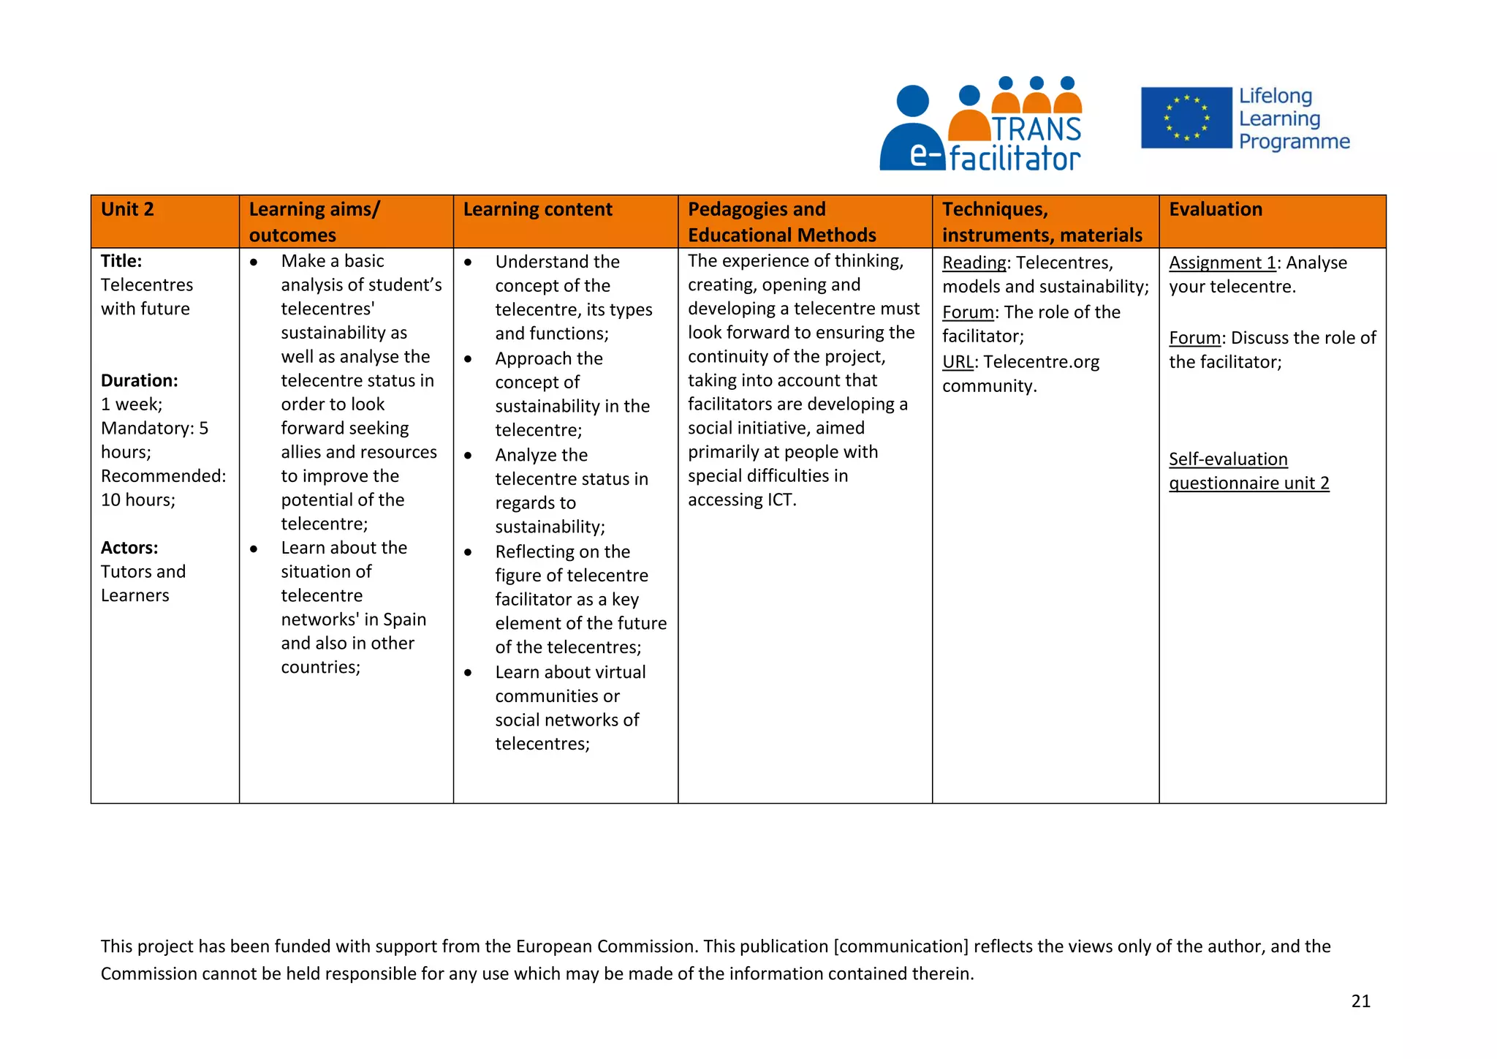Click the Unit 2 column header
coord(127,210)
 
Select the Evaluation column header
coord(1215,210)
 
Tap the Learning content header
coord(537,210)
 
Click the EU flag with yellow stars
coord(1186,118)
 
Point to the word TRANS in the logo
coord(1036,129)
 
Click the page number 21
coord(1360,1001)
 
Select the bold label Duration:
coord(139,380)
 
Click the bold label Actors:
coord(129,548)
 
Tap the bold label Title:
coord(121,261)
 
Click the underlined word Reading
coord(974,263)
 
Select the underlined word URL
coord(958,362)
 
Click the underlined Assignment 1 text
coord(1221,263)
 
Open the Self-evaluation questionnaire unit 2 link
coord(1248,472)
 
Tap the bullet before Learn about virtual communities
coord(468,672)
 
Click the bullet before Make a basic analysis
coord(254,262)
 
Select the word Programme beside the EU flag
coord(1294,141)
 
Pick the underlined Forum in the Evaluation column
coord(1194,338)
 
